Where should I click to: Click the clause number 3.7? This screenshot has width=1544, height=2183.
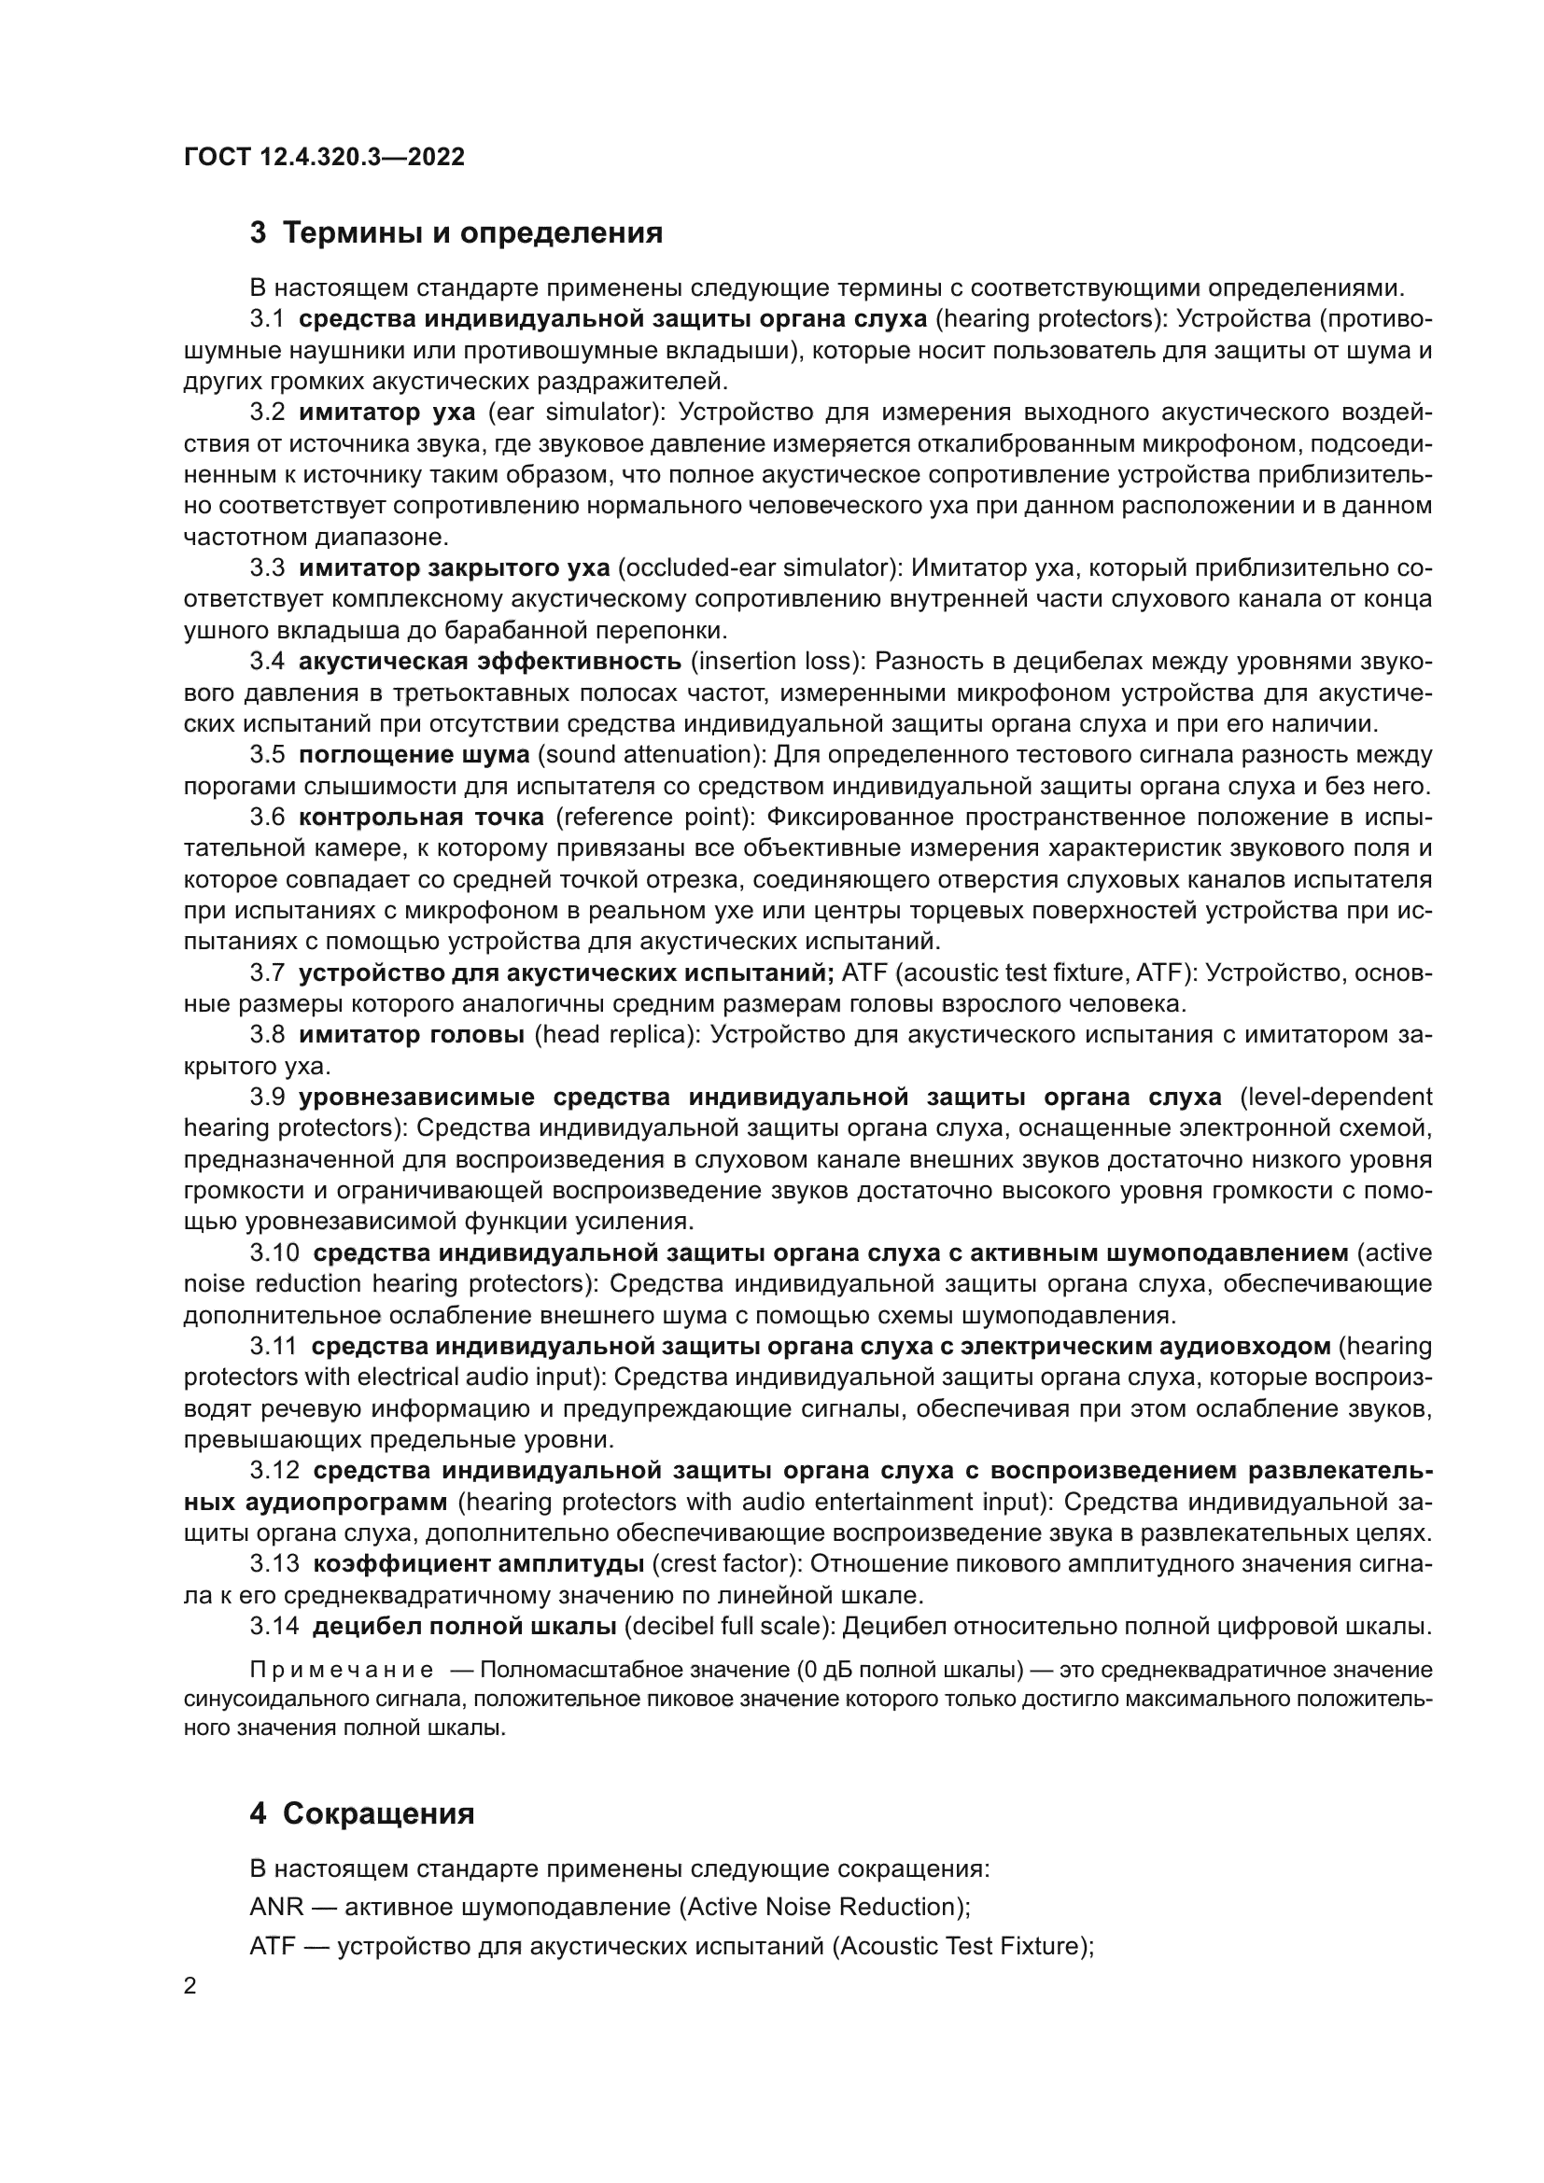tap(267, 973)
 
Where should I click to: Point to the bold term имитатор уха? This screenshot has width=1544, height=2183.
tap(386, 412)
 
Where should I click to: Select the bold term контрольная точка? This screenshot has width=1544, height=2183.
tap(421, 817)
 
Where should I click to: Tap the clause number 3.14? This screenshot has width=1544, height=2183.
tap(274, 1626)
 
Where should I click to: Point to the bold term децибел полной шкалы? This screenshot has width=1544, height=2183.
tap(464, 1626)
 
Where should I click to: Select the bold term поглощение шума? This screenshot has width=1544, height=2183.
tap(414, 755)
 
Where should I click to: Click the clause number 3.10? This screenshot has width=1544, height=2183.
tap(274, 1253)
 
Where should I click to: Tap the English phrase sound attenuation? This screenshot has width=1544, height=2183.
tap(651, 755)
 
